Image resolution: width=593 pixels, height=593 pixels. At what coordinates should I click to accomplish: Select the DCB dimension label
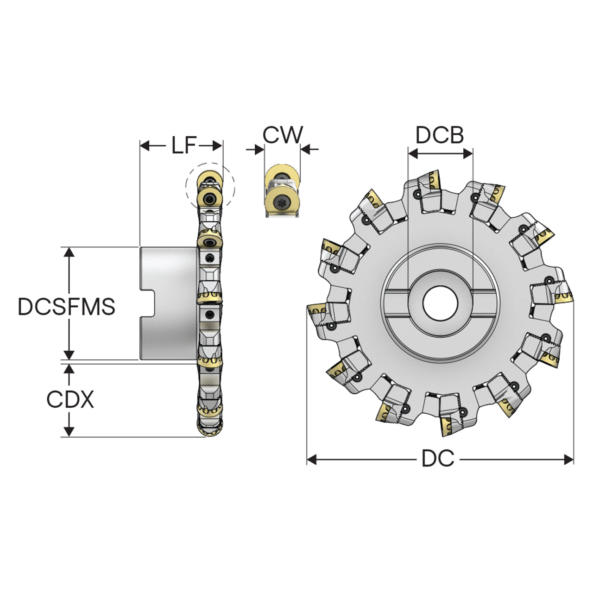pyautogui.click(x=439, y=135)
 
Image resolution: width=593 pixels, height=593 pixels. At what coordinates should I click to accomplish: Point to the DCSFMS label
pyautogui.click(x=66, y=306)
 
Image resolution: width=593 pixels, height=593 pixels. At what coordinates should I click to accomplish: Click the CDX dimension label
pyautogui.click(x=70, y=399)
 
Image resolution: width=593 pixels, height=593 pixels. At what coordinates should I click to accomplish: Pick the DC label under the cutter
pyautogui.click(x=438, y=458)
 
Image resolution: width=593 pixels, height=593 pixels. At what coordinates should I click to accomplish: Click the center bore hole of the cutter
pyautogui.click(x=440, y=303)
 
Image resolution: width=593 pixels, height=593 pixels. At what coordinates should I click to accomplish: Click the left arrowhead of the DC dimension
pyautogui.click(x=312, y=460)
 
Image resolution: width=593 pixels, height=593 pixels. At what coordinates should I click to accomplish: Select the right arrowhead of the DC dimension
pyautogui.click(x=569, y=460)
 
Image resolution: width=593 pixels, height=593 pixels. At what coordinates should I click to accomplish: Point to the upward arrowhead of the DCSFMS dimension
pyautogui.click(x=69, y=252)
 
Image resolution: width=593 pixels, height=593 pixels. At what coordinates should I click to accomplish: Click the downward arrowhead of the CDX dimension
pyautogui.click(x=69, y=431)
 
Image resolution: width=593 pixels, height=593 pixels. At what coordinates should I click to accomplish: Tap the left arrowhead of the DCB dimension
pyautogui.click(x=413, y=153)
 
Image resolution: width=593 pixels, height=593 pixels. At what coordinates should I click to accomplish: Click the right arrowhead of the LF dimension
pyautogui.click(x=217, y=145)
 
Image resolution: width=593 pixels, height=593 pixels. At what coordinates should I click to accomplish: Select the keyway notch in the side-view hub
pyautogui.click(x=147, y=303)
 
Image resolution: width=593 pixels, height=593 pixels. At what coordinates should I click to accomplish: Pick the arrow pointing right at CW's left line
pyautogui.click(x=255, y=150)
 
